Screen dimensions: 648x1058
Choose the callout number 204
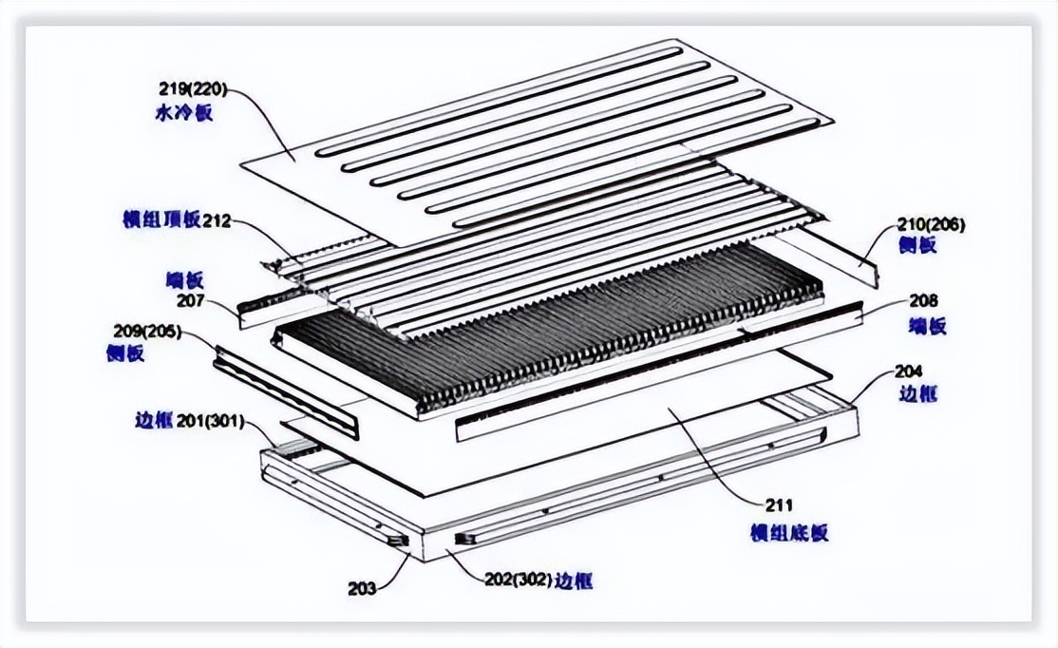coord(909,370)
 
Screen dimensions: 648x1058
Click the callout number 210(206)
coord(931,225)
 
